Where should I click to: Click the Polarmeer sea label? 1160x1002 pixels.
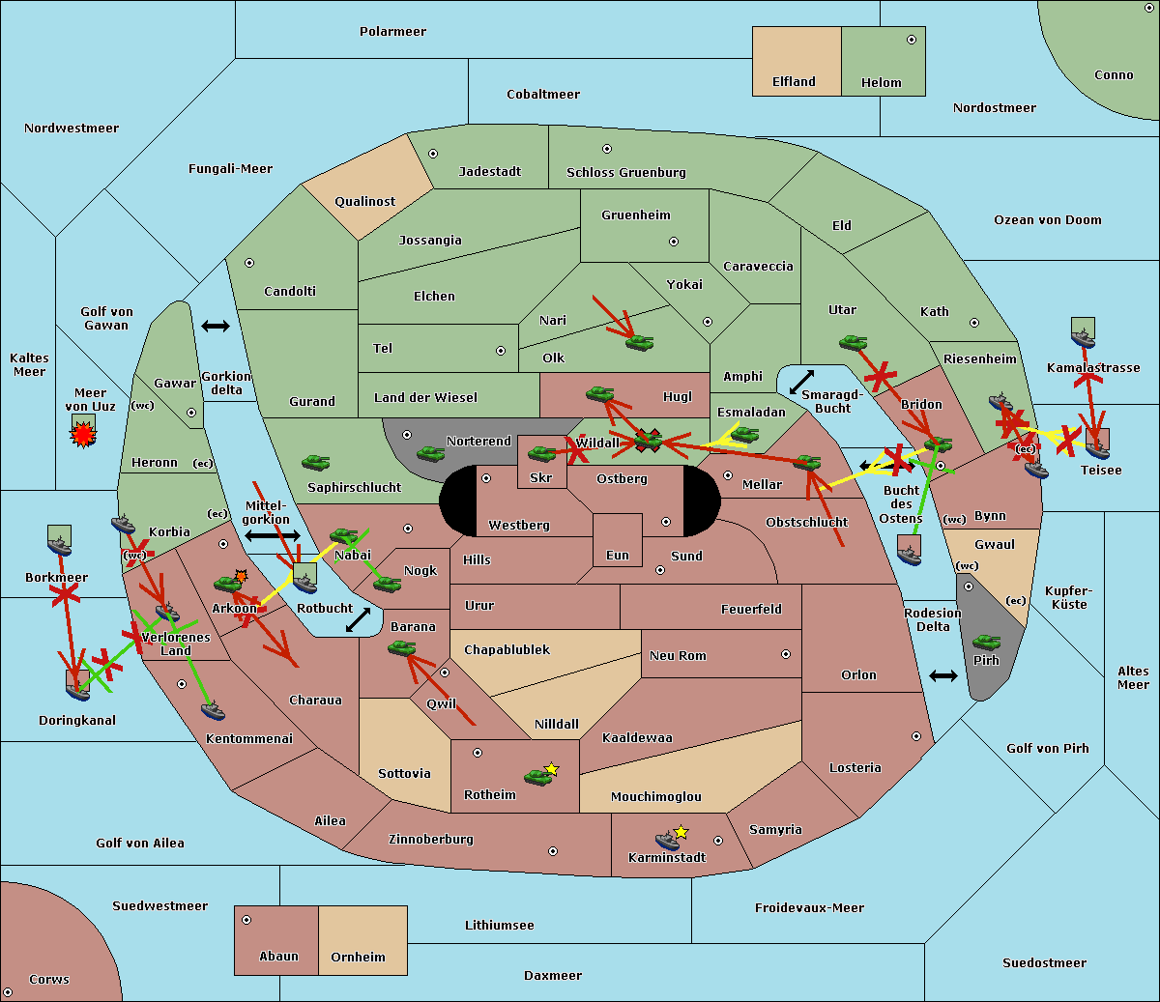[392, 32]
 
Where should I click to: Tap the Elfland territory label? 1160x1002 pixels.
[794, 82]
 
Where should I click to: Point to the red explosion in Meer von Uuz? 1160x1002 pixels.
[83, 434]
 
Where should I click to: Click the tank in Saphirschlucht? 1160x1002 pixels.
[315, 462]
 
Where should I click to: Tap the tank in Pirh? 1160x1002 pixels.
[986, 642]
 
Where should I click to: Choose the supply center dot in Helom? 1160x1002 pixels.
[912, 40]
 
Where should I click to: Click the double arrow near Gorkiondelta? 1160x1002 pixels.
[216, 326]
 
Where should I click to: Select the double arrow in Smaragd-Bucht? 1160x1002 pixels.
[801, 382]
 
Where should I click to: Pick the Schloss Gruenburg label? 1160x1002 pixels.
[625, 173]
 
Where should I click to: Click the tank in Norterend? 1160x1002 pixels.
[430, 453]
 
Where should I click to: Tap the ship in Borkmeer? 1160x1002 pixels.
[59, 546]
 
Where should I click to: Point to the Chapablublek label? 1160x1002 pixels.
[507, 649]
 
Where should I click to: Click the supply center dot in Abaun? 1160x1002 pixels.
[246, 920]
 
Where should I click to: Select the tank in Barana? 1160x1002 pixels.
[401, 648]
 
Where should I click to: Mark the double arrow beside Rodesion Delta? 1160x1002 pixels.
[943, 675]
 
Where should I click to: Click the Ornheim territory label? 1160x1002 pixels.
[358, 957]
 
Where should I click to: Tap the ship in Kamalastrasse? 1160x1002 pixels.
[1083, 338]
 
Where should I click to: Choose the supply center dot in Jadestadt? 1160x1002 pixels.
[433, 154]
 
